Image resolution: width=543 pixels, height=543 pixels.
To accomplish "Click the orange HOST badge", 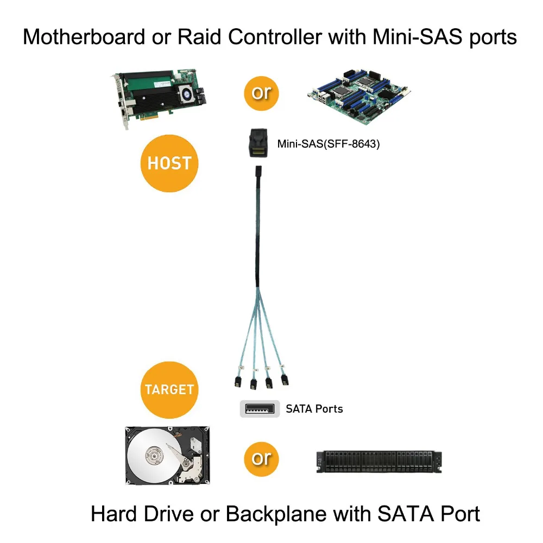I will pyautogui.click(x=169, y=163).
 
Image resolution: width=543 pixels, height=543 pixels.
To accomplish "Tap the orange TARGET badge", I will pyautogui.click(x=169, y=389).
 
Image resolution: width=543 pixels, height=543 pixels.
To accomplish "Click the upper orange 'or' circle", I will pyautogui.click(x=261, y=93).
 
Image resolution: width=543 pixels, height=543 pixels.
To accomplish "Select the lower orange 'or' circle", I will pyautogui.click(x=261, y=458).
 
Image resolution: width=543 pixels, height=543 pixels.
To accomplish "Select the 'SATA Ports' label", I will pyautogui.click(x=314, y=409).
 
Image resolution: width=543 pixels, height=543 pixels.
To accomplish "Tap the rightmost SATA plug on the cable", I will pyautogui.click(x=283, y=380).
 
